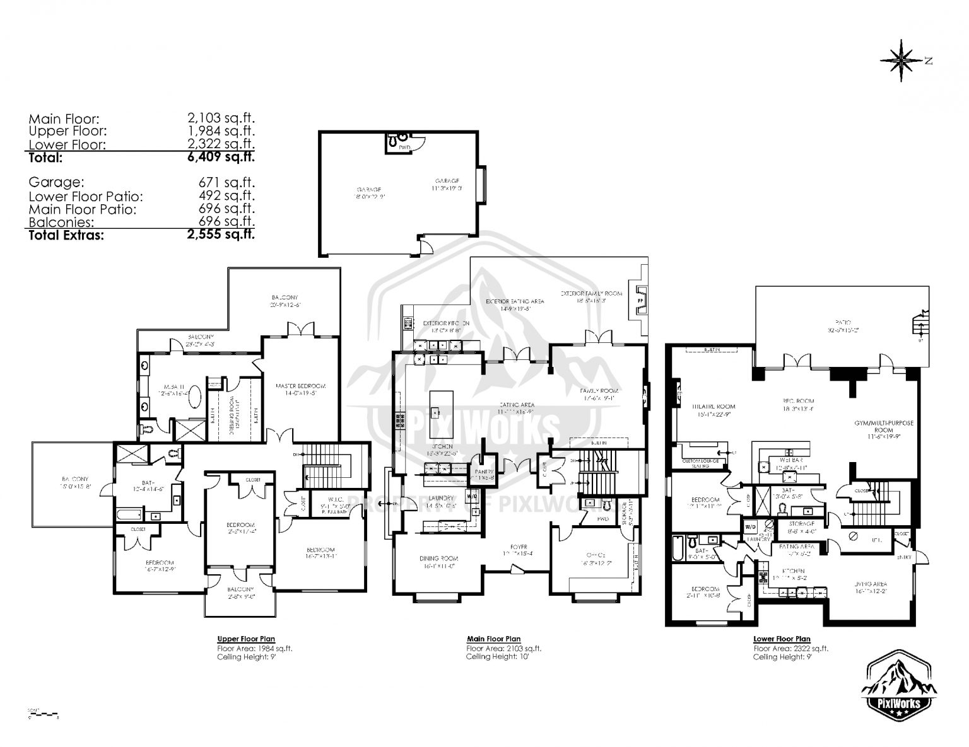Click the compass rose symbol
click(x=904, y=60)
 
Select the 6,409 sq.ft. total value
click(x=221, y=158)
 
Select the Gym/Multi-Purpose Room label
click(x=884, y=427)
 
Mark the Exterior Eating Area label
click(x=515, y=302)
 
